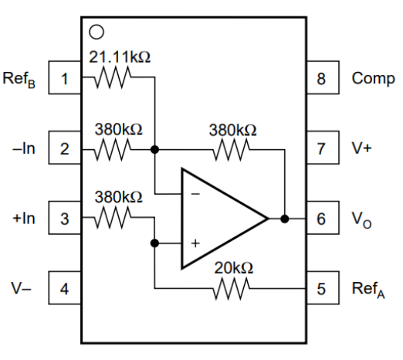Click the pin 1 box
pyautogui.click(x=65, y=77)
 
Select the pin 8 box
pyautogui.click(x=323, y=77)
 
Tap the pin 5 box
pyautogui.click(x=323, y=288)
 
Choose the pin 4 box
pyautogui.click(x=65, y=288)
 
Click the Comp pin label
pyautogui.click(x=373, y=79)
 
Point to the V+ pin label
pyautogui.click(x=361, y=148)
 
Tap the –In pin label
pyautogui.click(x=23, y=148)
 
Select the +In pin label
pyautogui.click(x=24, y=219)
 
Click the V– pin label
pyautogui.click(x=21, y=288)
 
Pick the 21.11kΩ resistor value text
pyautogui.click(x=120, y=57)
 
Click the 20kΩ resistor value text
pyautogui.click(x=234, y=268)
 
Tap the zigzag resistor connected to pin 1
pyautogui.click(x=113, y=77)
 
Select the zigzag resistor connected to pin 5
pyautogui.click(x=231, y=288)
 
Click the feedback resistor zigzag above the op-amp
pyautogui.click(x=231, y=149)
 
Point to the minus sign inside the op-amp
pyautogui.click(x=195, y=194)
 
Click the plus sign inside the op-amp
pyautogui.click(x=195, y=243)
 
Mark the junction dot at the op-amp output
pyautogui.click(x=285, y=219)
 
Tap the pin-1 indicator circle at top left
pyautogui.click(x=97, y=32)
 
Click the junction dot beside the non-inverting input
pyautogui.click(x=154, y=243)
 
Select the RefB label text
pyautogui.click(x=19, y=80)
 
